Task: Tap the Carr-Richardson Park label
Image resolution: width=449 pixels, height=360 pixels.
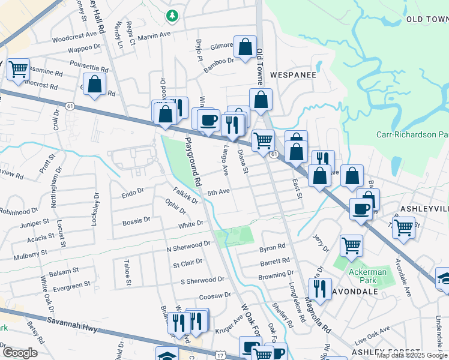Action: click(x=412, y=135)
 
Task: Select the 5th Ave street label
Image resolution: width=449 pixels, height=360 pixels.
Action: click(x=218, y=193)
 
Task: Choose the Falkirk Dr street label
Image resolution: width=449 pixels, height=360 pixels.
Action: click(x=185, y=196)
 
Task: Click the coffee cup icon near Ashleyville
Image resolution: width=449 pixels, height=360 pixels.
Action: click(x=361, y=209)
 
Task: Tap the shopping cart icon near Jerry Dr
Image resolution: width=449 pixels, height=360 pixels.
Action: click(x=351, y=244)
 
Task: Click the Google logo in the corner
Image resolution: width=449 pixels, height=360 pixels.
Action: click(x=20, y=353)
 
